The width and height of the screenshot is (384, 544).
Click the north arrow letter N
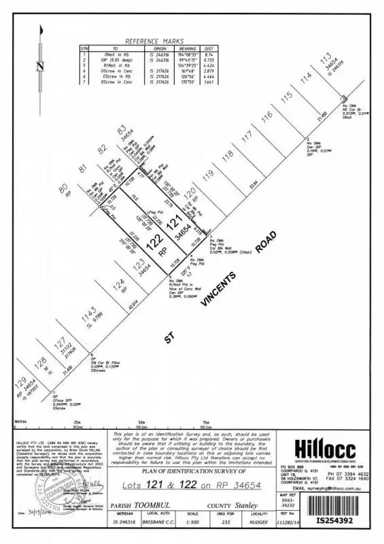[41, 67]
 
